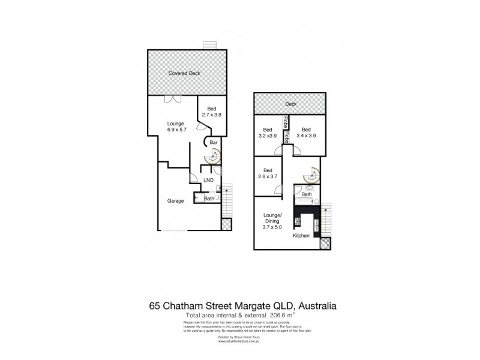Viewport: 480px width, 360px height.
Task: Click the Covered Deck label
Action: click(x=184, y=73)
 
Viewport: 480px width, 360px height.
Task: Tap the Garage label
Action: click(x=175, y=202)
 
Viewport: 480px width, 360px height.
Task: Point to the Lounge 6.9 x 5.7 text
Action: click(x=175, y=126)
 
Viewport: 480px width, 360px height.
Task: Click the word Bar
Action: click(x=213, y=143)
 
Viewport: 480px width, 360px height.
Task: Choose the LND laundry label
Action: click(x=208, y=179)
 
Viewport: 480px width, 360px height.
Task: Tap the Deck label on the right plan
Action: click(x=291, y=104)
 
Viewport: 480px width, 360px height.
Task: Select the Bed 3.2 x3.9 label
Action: click(x=268, y=133)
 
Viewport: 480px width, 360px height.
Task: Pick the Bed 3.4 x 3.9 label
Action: click(x=307, y=133)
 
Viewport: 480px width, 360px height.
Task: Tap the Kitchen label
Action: click(x=301, y=236)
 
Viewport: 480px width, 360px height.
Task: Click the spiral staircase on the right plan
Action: click(x=312, y=175)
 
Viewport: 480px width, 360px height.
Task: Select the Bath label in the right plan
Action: click(x=307, y=194)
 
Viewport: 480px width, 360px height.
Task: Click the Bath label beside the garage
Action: click(x=209, y=199)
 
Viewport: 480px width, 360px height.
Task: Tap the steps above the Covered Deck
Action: click(x=209, y=46)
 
